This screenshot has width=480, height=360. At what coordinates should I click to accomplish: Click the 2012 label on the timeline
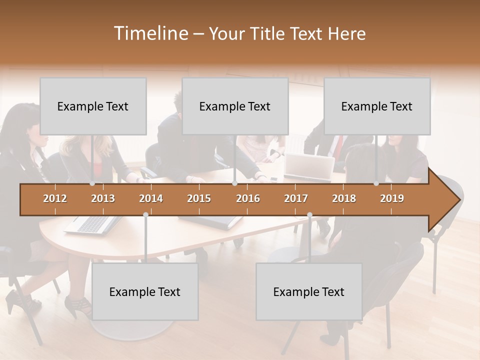point(55,198)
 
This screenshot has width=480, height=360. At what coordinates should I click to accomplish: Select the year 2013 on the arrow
point(103,198)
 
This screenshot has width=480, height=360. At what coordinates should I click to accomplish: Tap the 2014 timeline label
point(151,198)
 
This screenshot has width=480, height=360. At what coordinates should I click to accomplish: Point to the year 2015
point(199,198)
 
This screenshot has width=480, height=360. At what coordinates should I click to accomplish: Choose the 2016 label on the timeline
point(248,198)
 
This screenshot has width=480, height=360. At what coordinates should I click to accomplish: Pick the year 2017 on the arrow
point(296,198)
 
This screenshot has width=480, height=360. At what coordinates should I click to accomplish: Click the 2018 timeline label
point(344,198)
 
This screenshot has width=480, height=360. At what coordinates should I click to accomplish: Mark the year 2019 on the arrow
point(392,198)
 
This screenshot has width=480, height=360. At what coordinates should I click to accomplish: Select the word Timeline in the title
point(149,33)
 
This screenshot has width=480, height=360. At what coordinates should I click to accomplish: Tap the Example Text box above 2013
point(93,106)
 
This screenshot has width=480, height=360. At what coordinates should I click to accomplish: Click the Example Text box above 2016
point(235,106)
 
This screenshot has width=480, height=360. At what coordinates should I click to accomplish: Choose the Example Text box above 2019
point(377,106)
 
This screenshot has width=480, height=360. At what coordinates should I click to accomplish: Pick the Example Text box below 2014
point(145,291)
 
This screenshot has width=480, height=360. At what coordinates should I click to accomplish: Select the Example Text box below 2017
point(309,291)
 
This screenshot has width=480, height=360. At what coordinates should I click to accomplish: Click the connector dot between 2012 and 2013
point(92,183)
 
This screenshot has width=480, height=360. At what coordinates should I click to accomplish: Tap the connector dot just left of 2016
point(234,183)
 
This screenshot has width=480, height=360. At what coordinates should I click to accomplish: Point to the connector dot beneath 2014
point(145,215)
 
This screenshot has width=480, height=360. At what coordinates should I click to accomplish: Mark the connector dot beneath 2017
point(309,215)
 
